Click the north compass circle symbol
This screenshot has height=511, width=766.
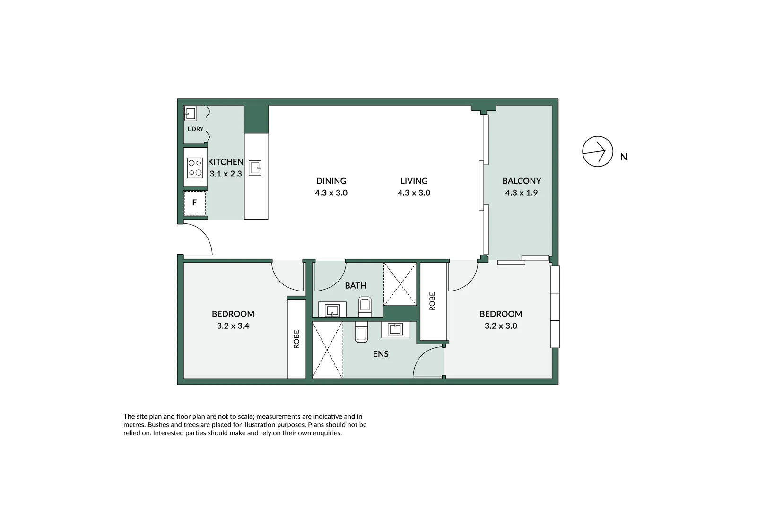(x=597, y=151)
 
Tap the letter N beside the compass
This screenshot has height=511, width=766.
(x=624, y=157)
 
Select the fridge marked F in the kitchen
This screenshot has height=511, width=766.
(x=194, y=203)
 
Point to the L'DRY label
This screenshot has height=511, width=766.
(x=195, y=129)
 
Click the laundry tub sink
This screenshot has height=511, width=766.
(x=190, y=114)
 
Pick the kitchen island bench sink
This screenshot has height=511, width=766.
(x=255, y=167)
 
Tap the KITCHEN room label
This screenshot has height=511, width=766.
(x=226, y=162)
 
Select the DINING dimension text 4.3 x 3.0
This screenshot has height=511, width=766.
(x=331, y=193)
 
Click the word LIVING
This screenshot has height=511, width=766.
(x=414, y=181)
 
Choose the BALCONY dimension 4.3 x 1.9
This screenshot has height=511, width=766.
(x=521, y=193)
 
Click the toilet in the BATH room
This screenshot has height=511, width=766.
(x=365, y=306)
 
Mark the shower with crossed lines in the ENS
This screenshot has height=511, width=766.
(x=328, y=350)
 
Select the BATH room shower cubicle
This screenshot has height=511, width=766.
(x=400, y=284)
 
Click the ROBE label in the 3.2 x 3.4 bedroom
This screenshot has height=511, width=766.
(x=296, y=339)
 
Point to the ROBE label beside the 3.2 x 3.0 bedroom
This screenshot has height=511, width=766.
(x=432, y=301)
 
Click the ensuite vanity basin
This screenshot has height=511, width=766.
(x=395, y=329)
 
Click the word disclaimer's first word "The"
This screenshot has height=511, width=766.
(x=129, y=417)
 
